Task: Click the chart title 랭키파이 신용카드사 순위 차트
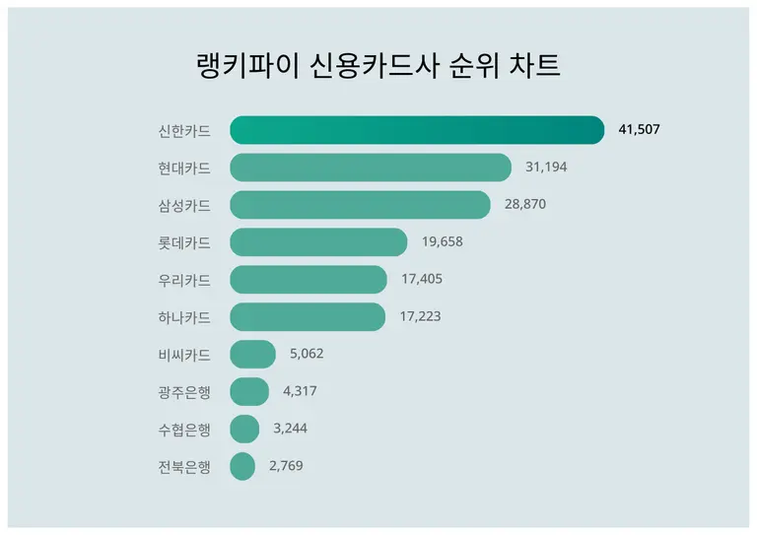[378, 66]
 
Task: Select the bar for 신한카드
[417, 130]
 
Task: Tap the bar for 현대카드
[371, 167]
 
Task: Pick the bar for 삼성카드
[360, 205]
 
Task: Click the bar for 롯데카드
[318, 242]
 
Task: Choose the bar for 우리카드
[309, 280]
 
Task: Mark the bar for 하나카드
[308, 317]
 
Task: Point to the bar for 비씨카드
[252, 355]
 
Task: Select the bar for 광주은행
[249, 391]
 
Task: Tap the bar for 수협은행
[244, 429]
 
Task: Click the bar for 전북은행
[242, 466]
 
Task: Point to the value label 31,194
[546, 167]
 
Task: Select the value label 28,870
[524, 205]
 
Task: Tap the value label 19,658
[442, 242]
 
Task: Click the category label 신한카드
[184, 130]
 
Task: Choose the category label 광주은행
[184, 391]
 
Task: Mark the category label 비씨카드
[184, 355]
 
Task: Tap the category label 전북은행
[184, 466]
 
